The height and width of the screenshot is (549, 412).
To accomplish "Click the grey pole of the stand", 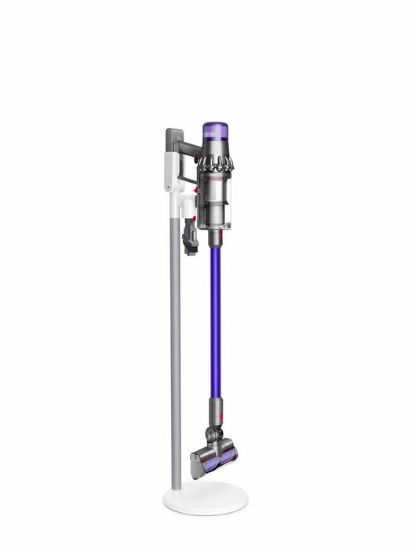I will coord(175,353).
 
